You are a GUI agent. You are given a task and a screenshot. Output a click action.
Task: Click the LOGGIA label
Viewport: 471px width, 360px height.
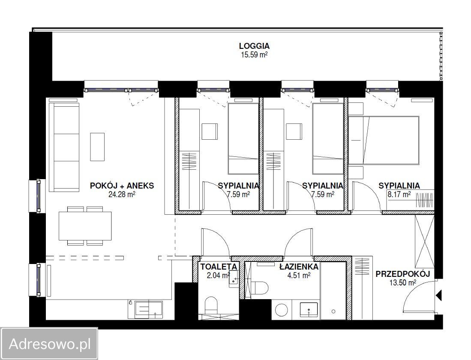pyautogui.click(x=254, y=46)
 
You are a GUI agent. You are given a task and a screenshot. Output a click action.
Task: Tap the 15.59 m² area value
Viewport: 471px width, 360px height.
pyautogui.click(x=254, y=55)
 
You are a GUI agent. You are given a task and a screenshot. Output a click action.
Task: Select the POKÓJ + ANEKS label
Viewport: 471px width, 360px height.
pyautogui.click(x=122, y=186)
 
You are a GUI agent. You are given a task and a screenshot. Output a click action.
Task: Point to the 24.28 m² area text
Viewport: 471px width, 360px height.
pyautogui.click(x=122, y=195)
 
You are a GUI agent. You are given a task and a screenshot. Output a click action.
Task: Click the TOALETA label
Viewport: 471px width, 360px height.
pyautogui.click(x=219, y=267)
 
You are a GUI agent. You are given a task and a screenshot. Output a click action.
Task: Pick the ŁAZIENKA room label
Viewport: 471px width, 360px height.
pyautogui.click(x=299, y=267)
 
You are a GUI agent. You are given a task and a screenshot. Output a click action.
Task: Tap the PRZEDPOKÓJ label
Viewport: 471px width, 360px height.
pyautogui.click(x=403, y=274)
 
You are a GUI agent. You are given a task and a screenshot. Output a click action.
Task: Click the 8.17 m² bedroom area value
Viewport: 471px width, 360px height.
pyautogui.click(x=399, y=195)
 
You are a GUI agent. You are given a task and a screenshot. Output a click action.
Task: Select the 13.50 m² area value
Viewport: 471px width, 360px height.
pyautogui.click(x=403, y=282)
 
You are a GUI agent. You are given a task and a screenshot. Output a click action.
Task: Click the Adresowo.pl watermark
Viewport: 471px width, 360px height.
pyautogui.click(x=50, y=344)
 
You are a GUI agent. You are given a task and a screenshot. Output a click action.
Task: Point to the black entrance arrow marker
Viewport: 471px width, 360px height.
pyautogui.click(x=439, y=295)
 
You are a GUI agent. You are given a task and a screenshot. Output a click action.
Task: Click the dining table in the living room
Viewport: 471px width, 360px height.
pyautogui.click(x=85, y=226)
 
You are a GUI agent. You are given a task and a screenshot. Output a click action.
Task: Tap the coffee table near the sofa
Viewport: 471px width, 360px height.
pyautogui.click(x=97, y=147)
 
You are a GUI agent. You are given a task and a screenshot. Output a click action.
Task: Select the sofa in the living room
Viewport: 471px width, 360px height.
pyautogui.click(x=64, y=147)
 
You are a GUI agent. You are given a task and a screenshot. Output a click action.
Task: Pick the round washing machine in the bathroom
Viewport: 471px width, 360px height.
pyautogui.click(x=282, y=309)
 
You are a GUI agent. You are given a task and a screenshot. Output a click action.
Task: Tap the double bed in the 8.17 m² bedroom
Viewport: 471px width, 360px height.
pyautogui.click(x=384, y=140)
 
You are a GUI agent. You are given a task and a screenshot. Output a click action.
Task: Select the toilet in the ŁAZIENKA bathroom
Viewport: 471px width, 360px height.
pyautogui.click(x=259, y=288)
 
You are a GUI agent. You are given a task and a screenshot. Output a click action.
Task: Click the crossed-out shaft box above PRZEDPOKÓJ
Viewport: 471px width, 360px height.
pyautogui.click(x=424, y=241)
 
